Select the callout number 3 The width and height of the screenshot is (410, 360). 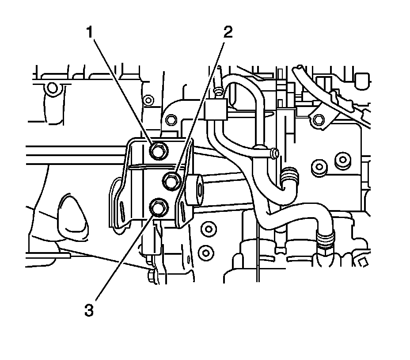point(89,310)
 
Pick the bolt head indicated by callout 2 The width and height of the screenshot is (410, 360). point(171,180)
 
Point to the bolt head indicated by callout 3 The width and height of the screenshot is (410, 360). point(157,207)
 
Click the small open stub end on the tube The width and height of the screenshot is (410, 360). point(274,153)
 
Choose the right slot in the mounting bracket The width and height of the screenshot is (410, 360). point(182,207)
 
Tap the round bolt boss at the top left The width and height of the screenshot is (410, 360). point(53,88)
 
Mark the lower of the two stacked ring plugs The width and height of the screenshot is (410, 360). point(205,252)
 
